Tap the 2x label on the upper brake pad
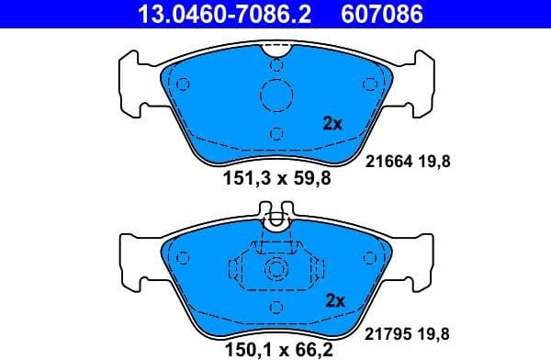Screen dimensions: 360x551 coord(332,123)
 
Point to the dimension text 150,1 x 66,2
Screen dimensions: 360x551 coord(276,350)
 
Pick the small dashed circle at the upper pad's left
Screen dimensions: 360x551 coord(182,84)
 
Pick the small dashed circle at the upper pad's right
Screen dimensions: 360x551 coord(370,84)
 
